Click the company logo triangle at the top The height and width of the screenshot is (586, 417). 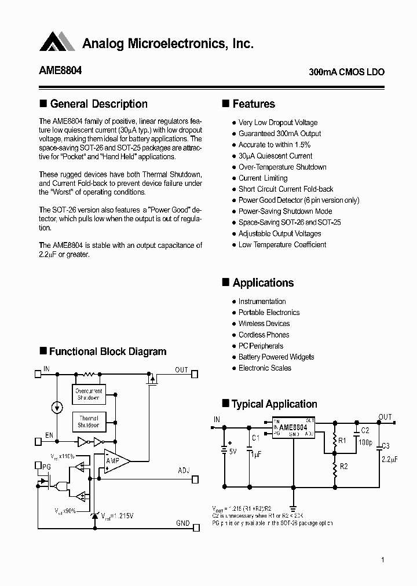pyautogui.click(x=58, y=42)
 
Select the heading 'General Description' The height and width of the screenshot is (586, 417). pyautogui.click(x=98, y=104)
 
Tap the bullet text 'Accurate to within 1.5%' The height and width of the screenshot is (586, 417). pyautogui.click(x=275, y=145)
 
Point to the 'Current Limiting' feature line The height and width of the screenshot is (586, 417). pyautogui.click(x=263, y=178)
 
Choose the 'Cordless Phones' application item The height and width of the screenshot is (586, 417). pyautogui.click(x=264, y=335)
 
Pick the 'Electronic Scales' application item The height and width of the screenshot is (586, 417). pyautogui.click(x=265, y=368)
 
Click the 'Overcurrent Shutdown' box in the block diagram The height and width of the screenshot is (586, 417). pyautogui.click(x=89, y=394)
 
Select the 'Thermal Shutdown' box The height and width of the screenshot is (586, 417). pyautogui.click(x=89, y=422)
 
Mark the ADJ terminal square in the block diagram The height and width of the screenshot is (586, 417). pyautogui.click(x=195, y=479)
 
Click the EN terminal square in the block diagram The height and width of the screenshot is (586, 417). pyautogui.click(x=38, y=441)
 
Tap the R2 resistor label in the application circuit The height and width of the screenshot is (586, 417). pyautogui.click(x=343, y=466)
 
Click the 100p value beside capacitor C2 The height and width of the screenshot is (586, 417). pyautogui.click(x=365, y=442)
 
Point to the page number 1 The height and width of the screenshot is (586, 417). pyautogui.click(x=383, y=559)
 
